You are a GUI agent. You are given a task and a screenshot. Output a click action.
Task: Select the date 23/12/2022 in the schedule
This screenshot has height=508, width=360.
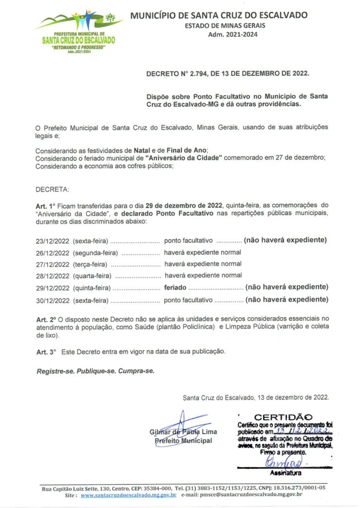(53, 241)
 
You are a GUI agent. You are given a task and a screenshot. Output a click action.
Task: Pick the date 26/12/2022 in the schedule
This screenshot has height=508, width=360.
(53, 253)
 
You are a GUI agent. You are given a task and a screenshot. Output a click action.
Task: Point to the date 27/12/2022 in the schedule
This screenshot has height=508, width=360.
(53, 264)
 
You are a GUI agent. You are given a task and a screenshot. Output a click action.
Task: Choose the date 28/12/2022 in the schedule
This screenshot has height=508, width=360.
(53, 276)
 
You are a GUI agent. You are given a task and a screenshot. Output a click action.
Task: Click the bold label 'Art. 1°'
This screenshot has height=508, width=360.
(45, 204)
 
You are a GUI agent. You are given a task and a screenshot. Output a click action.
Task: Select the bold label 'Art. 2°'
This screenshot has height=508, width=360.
(46, 318)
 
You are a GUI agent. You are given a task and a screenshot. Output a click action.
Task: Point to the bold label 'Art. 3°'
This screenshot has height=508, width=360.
(46, 351)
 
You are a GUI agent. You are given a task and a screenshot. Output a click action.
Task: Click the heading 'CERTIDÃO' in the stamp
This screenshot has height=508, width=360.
(284, 417)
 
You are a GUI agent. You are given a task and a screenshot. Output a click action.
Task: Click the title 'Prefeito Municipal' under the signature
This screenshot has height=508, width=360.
(183, 441)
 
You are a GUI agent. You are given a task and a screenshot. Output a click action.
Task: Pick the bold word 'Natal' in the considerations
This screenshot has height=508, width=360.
(141, 150)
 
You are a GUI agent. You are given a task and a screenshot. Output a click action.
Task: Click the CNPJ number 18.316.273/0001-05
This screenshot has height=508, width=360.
(297, 488)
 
